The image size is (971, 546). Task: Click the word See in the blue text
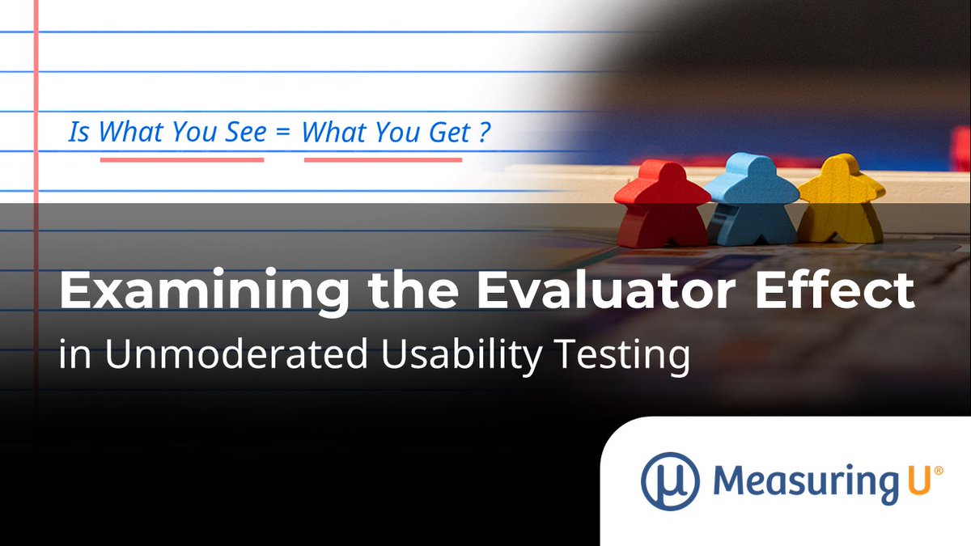244,133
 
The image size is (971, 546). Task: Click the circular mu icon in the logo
670,480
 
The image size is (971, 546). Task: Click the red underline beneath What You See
182,159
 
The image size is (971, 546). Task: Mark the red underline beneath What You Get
383,159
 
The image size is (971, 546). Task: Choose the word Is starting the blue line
78,133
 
